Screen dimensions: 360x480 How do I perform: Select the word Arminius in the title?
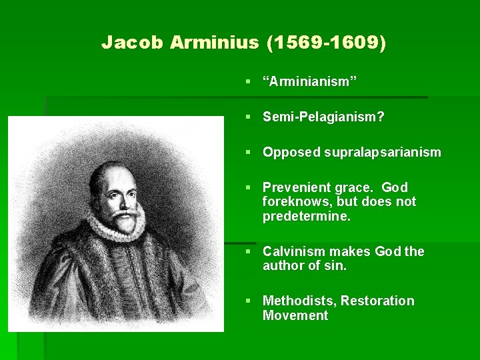pos(214,43)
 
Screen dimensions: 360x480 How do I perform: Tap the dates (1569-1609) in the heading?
pos(325,43)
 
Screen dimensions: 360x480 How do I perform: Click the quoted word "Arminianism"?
pos(310,81)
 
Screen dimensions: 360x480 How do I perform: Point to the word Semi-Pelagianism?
pos(323,117)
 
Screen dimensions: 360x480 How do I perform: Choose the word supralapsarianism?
pos(383,152)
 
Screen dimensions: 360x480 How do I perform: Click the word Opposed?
pos(291,152)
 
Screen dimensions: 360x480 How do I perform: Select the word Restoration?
pos(377,301)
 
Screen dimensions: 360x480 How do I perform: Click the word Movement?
pos(295,315)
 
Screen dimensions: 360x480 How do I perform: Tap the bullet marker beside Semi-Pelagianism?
pos(248,117)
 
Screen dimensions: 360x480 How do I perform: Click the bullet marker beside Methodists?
pos(248,301)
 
